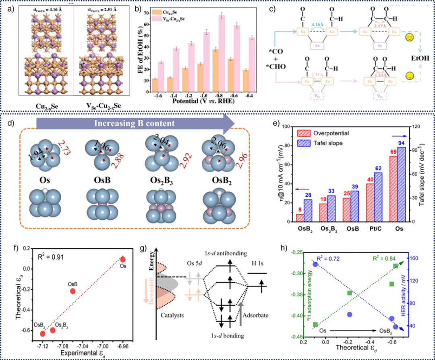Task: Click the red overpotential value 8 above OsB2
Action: point(300,210)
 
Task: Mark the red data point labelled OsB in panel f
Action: point(72,291)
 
